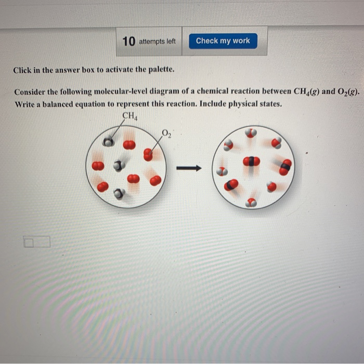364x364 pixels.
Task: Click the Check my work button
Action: [x=223, y=41]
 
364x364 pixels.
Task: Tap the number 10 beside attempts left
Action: [x=129, y=41]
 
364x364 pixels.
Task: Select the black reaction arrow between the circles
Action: [x=188, y=168]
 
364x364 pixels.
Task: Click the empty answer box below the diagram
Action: [x=36, y=242]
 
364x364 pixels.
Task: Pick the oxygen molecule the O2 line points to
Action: [x=148, y=154]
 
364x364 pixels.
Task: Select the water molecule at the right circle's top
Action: [x=251, y=133]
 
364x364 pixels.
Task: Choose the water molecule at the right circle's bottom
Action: [x=251, y=203]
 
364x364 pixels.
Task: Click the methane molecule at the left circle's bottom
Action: [x=119, y=194]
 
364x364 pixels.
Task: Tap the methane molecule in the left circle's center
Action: [x=119, y=166]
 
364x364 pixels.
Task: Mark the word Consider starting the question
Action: [x=31, y=92]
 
